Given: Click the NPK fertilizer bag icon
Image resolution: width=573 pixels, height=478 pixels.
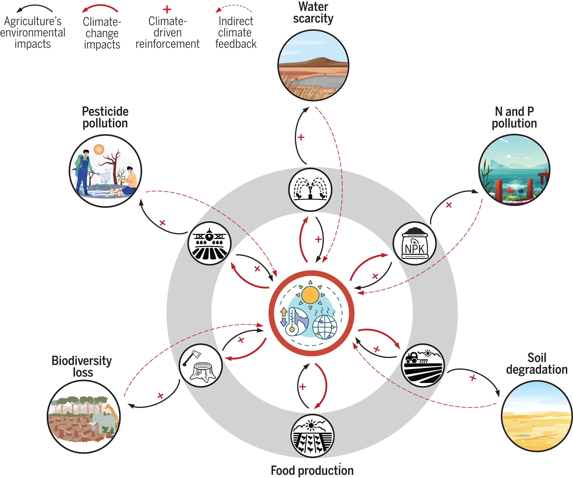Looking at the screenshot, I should tap(414, 243).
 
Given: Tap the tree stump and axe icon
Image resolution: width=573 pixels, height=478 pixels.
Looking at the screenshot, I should tap(201, 365).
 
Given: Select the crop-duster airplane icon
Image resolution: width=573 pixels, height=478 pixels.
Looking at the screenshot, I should tap(209, 243).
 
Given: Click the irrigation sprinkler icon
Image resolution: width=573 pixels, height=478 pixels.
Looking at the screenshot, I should tap(310, 189).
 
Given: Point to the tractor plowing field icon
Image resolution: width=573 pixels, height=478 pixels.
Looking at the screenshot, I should tap(423, 365).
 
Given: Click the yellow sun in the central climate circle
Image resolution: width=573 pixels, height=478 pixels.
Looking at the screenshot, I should tap(310, 295).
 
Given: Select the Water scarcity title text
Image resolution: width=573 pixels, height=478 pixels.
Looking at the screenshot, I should tap(313, 13).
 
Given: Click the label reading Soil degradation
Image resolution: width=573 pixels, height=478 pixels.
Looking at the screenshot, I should tap(536, 363).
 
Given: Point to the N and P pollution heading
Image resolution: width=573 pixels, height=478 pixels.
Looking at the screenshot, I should tap(514, 117).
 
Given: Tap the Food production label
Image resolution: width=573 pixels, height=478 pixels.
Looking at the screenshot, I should tap(312, 470).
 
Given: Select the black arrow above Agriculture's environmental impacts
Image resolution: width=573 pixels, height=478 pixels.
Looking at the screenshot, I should tap(34, 8).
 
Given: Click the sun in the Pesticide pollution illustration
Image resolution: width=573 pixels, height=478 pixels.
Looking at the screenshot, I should tap(99, 149).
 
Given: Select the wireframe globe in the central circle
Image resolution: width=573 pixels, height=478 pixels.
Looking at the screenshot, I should tap(324, 327).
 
